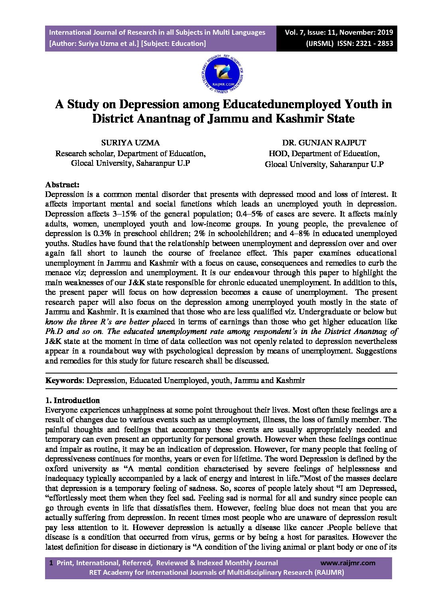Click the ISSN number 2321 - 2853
point(375,44)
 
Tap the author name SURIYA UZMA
point(130,143)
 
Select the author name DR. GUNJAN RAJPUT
point(324,143)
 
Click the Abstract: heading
point(62,185)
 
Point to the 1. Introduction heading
point(72,400)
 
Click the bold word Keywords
point(63,380)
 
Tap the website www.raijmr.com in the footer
point(348,563)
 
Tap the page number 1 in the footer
point(51,563)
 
